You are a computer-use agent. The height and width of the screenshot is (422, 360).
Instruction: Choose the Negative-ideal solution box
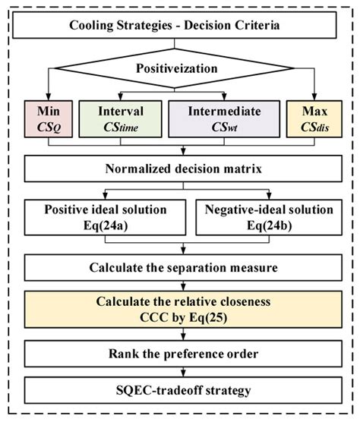262,217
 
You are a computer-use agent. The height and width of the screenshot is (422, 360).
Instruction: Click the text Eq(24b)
262,225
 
